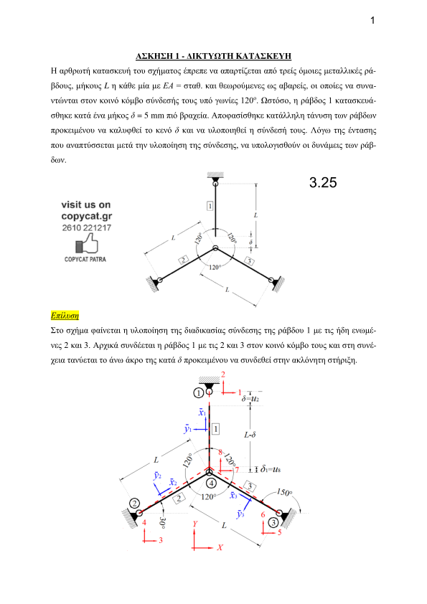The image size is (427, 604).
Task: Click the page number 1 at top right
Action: (x=372, y=20)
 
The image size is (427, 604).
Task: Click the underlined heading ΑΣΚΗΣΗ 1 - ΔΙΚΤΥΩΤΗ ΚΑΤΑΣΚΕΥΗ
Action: (x=213, y=56)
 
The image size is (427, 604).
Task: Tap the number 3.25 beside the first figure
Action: (x=323, y=182)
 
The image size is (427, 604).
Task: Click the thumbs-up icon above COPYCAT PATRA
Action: (x=87, y=244)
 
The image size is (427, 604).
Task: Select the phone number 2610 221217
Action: (x=87, y=227)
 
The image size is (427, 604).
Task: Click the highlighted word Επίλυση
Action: (x=65, y=316)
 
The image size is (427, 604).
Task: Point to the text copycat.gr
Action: (x=87, y=216)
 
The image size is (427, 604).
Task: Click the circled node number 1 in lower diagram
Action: (x=199, y=393)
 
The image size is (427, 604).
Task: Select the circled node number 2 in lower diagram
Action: (x=134, y=504)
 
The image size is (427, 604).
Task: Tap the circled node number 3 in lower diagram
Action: (x=273, y=523)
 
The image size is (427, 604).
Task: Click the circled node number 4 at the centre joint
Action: (x=211, y=483)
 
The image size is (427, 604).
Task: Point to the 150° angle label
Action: (x=284, y=493)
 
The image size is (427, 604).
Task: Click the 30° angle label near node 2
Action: (x=162, y=523)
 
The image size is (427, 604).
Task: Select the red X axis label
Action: (x=220, y=547)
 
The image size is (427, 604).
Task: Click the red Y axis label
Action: (x=195, y=524)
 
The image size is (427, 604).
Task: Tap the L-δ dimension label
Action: (x=250, y=435)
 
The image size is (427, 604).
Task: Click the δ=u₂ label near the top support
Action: (x=250, y=399)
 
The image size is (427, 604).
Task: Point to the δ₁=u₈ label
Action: (x=271, y=469)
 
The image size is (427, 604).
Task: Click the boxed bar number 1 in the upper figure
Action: (x=210, y=206)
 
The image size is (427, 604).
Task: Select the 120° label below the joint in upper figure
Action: (x=215, y=267)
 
